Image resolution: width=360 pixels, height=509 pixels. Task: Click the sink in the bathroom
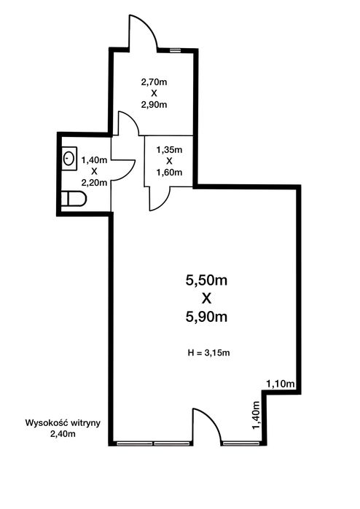point(69,159)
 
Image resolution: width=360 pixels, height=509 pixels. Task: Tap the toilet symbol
point(74,199)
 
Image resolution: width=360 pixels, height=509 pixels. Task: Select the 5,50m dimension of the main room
point(206,280)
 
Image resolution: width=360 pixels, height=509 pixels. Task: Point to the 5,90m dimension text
point(206,317)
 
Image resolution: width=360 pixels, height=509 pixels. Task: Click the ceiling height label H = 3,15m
point(208,353)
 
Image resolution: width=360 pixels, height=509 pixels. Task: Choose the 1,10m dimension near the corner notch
point(281,384)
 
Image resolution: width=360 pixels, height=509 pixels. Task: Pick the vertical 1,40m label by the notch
point(257,415)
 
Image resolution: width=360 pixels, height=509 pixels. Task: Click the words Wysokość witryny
point(63,423)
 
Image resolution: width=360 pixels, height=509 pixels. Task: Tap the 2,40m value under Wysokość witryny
point(63,434)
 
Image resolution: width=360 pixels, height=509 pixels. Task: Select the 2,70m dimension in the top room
point(154,82)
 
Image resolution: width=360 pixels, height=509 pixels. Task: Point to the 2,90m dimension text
point(154,105)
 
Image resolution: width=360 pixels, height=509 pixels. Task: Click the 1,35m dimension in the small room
point(169,150)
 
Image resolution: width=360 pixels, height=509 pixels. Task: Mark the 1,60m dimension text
point(169,173)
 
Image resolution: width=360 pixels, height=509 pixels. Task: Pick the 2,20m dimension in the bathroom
point(94,183)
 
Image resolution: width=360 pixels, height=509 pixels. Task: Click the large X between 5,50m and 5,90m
point(206,299)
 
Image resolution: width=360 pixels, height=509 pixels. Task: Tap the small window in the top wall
point(175,50)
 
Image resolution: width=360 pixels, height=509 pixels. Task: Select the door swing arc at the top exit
point(150,27)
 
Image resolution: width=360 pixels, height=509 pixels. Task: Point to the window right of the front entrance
point(241,443)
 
